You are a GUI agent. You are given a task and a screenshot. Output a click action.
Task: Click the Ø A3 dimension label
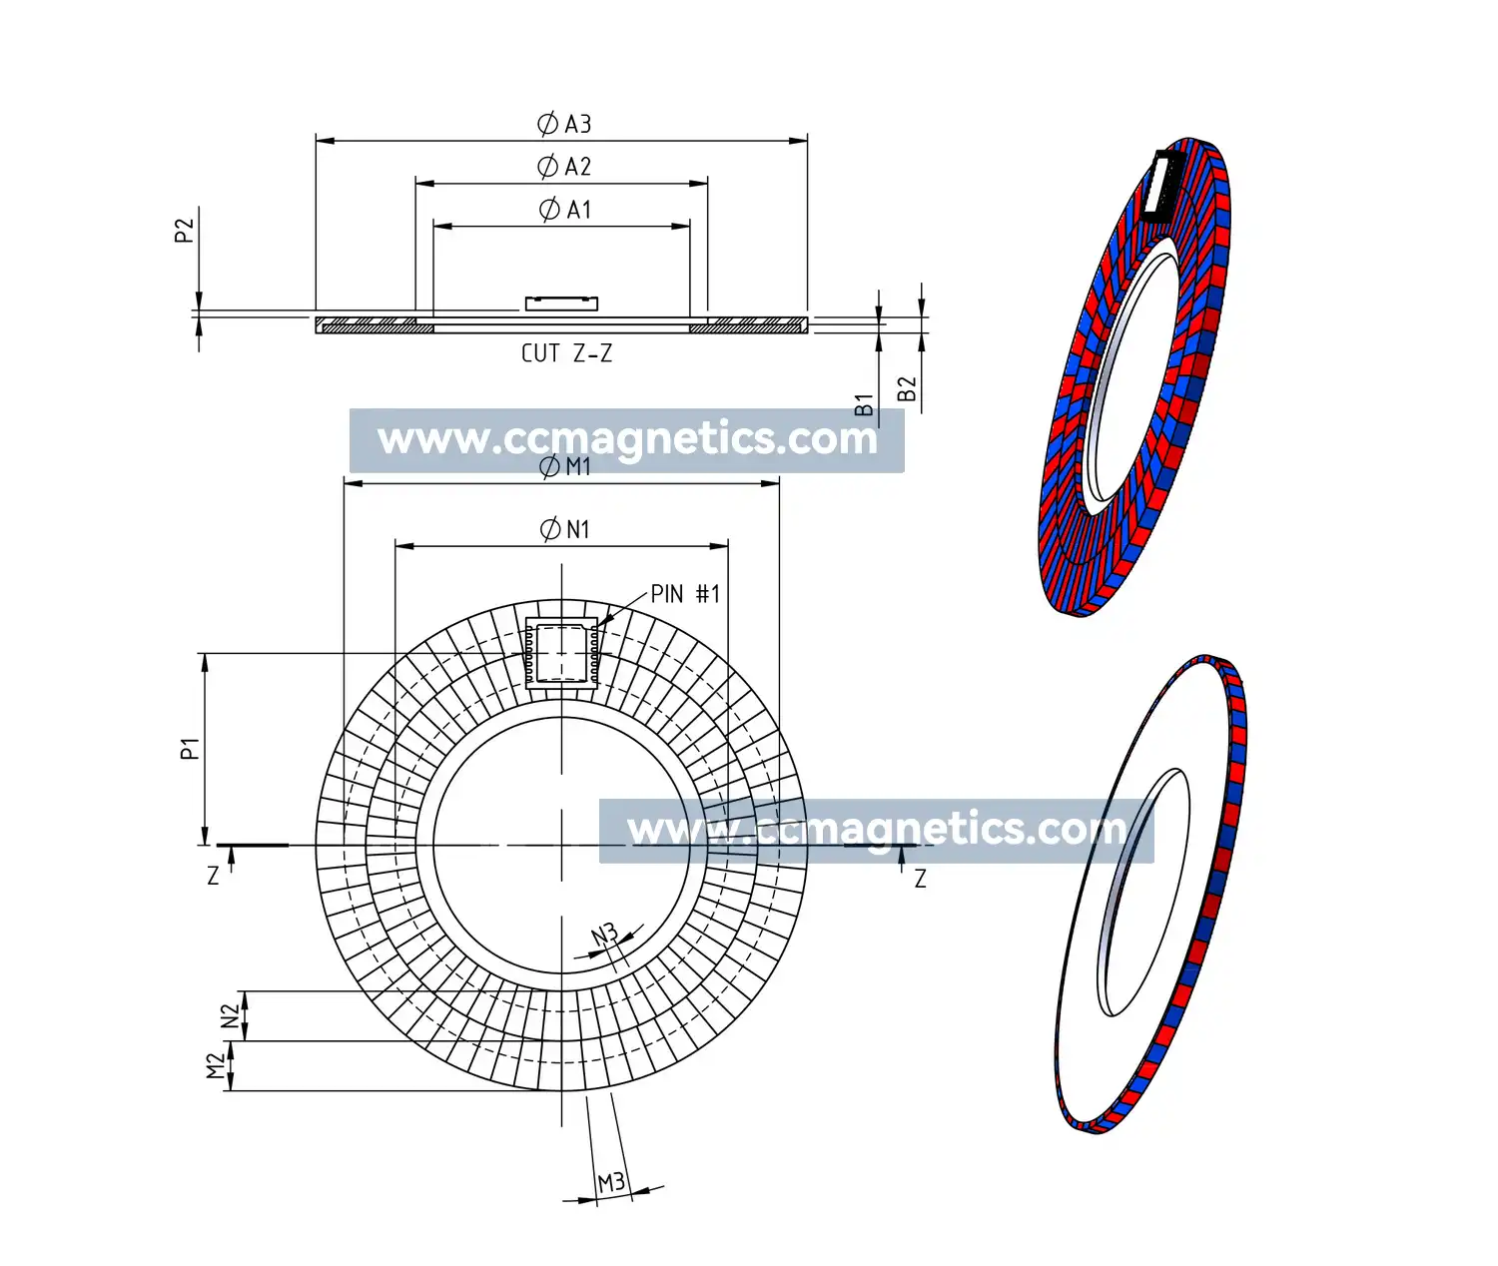(x=564, y=124)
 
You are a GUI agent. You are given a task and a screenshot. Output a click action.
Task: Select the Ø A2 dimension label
(x=564, y=167)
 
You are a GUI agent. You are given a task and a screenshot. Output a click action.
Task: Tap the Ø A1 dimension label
(x=565, y=210)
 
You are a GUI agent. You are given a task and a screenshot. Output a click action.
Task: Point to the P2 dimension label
(x=184, y=231)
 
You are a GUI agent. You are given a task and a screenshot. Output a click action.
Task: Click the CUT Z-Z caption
(x=566, y=353)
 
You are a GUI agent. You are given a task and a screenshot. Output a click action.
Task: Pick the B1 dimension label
(x=864, y=404)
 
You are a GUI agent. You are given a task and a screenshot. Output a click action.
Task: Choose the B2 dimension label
(x=907, y=388)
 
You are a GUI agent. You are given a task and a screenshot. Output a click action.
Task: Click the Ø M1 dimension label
(x=565, y=467)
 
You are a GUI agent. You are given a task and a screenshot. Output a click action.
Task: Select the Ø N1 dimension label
(x=565, y=529)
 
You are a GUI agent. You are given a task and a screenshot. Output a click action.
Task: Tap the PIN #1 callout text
(x=685, y=594)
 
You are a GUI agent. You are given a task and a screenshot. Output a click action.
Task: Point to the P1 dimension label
(x=190, y=748)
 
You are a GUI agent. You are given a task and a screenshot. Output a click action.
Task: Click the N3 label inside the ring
(x=604, y=936)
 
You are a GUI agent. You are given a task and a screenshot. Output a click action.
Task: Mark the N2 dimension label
(x=231, y=1015)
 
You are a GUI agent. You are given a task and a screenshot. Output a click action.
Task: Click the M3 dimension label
(x=611, y=1183)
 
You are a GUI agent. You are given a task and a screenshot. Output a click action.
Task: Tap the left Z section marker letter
(x=213, y=876)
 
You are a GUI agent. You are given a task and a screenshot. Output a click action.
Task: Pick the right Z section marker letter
(x=920, y=879)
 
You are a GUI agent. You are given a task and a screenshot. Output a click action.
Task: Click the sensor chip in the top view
(x=561, y=655)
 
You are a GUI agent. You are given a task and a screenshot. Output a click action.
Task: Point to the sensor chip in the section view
(x=561, y=304)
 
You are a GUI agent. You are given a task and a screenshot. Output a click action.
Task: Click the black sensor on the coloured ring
(x=1162, y=185)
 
